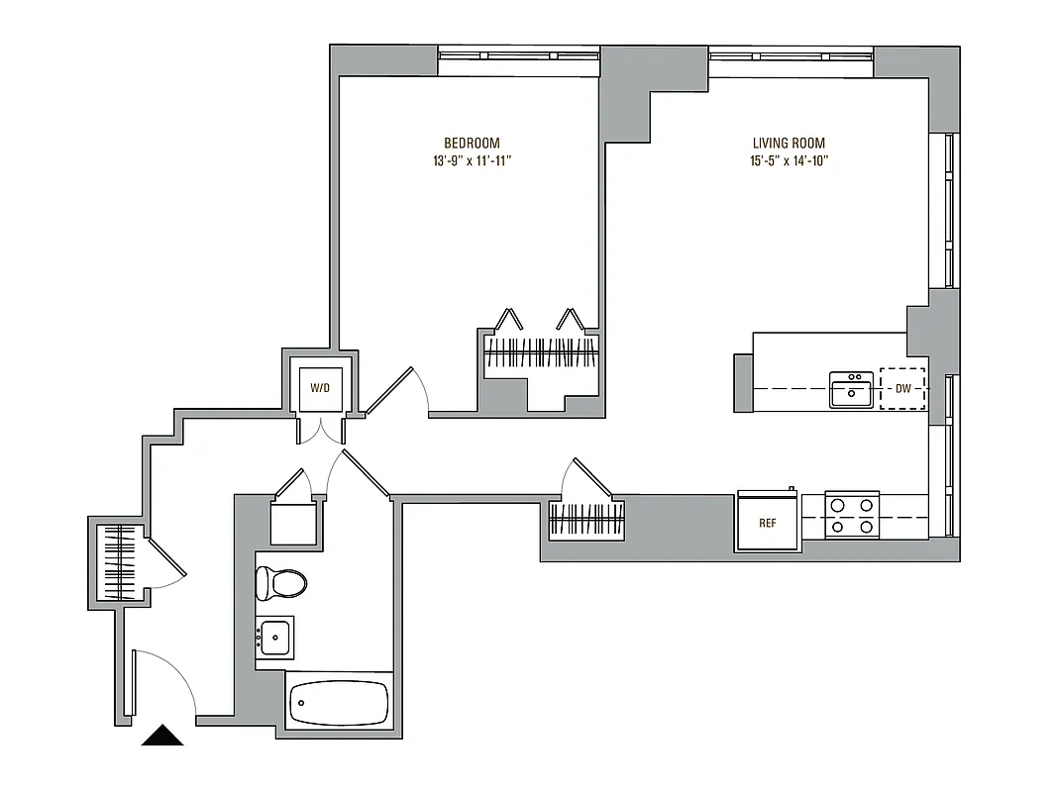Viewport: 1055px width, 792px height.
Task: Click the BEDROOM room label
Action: pyautogui.click(x=472, y=143)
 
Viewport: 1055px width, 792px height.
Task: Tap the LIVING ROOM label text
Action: pyautogui.click(x=789, y=143)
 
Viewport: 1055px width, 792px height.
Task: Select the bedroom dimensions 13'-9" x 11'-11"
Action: pyautogui.click(x=472, y=160)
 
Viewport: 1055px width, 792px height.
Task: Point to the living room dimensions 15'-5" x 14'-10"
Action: pyautogui.click(x=789, y=160)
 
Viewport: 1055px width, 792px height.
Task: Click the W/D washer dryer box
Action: pyautogui.click(x=320, y=388)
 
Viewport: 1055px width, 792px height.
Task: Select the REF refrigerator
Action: pyautogui.click(x=767, y=523)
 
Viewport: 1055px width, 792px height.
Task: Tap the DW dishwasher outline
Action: pyautogui.click(x=902, y=389)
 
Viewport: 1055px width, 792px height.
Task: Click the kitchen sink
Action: pyautogui.click(x=851, y=390)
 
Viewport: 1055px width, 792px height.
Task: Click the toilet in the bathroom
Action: pyautogui.click(x=280, y=583)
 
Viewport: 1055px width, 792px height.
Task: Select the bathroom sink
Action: pyautogui.click(x=274, y=638)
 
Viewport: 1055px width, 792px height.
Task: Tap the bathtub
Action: pyautogui.click(x=340, y=704)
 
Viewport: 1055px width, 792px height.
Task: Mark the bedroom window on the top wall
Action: pyautogui.click(x=519, y=60)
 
